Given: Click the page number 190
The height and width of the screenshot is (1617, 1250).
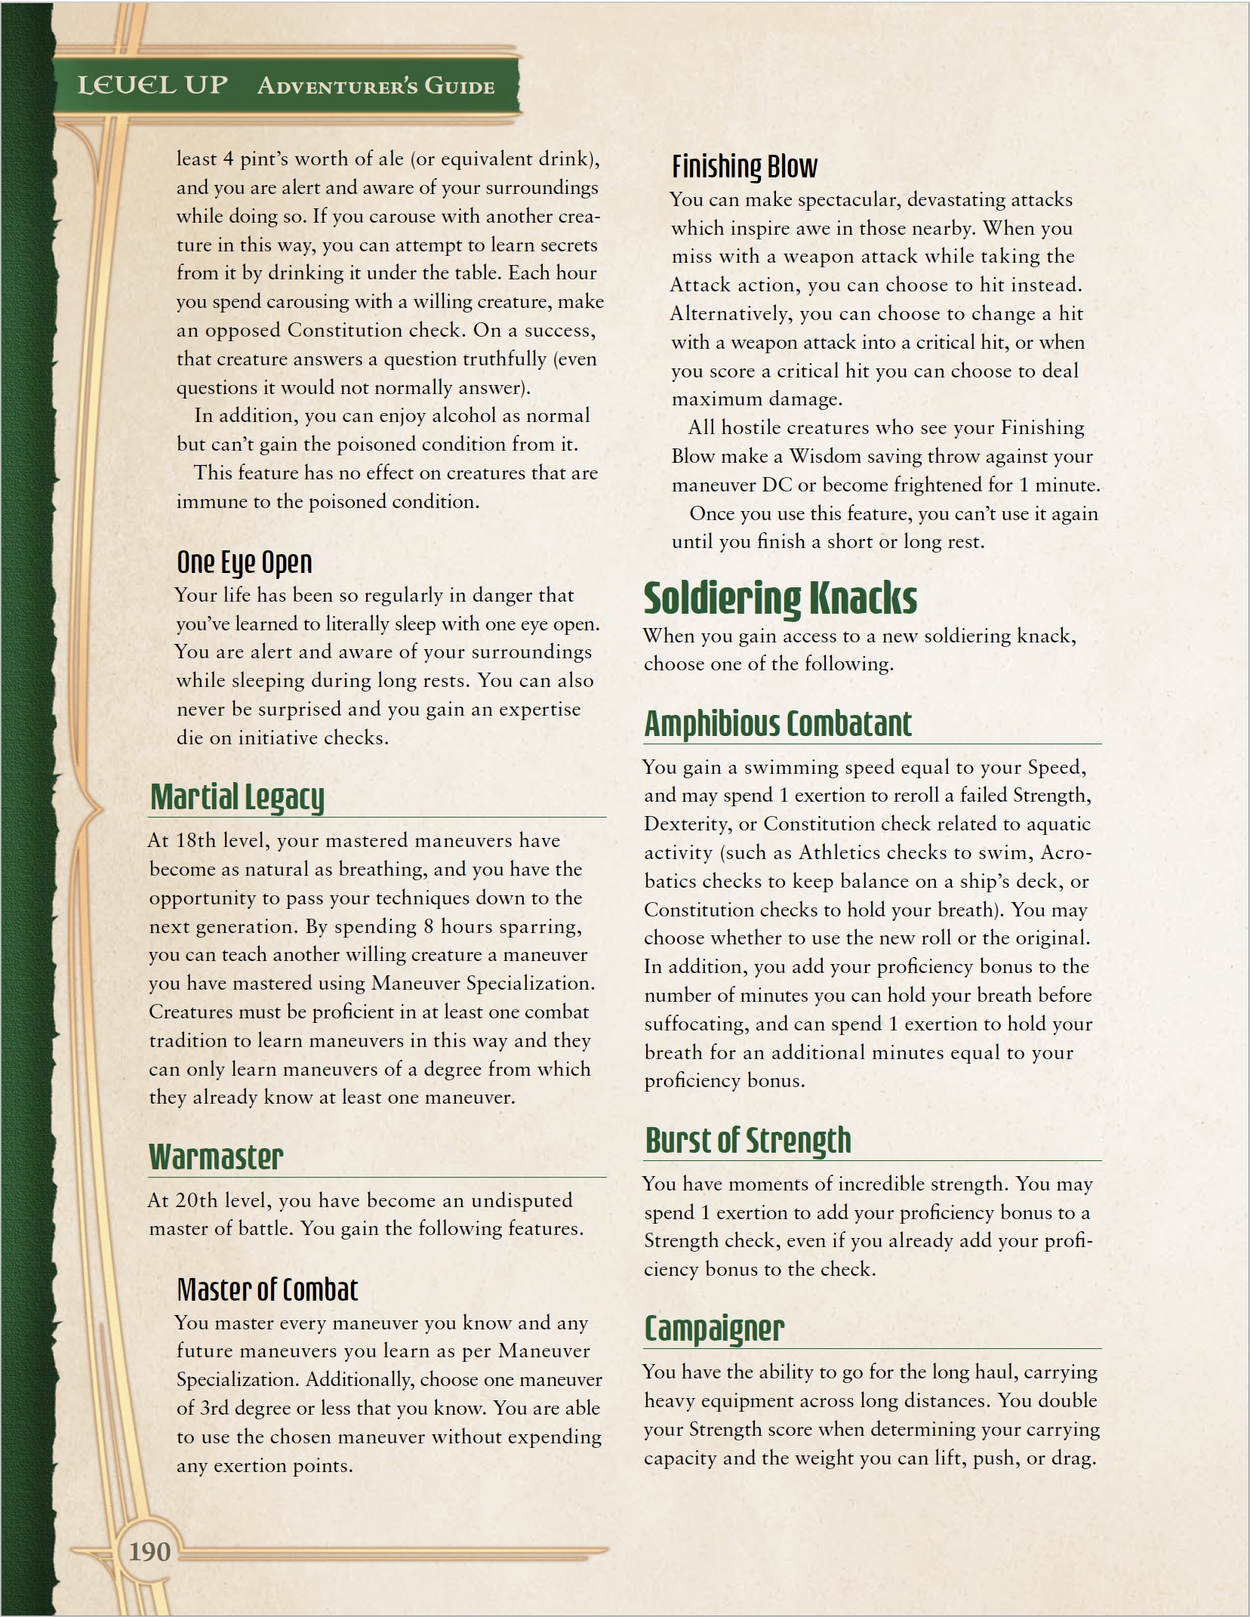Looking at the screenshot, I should click(149, 1551).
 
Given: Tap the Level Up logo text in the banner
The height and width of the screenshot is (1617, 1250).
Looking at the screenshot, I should click(152, 85).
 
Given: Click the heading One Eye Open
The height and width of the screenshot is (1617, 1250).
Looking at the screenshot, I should click(244, 562).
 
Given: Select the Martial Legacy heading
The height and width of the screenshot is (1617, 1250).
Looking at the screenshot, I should click(237, 797).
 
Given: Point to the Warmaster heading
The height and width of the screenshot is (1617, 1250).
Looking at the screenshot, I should click(216, 1157).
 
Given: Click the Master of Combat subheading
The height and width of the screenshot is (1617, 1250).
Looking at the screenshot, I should click(267, 1289).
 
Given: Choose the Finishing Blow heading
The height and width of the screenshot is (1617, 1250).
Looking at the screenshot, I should click(744, 167).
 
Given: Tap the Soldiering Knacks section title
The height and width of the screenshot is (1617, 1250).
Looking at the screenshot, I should click(780, 598).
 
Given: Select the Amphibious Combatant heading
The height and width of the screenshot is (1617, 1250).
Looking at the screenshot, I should click(777, 724).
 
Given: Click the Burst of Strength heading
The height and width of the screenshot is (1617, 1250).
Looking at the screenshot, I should click(748, 1141).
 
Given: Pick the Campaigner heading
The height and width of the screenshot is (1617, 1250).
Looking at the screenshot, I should click(714, 1329).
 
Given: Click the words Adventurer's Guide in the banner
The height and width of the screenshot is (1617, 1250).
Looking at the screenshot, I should click(376, 86).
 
